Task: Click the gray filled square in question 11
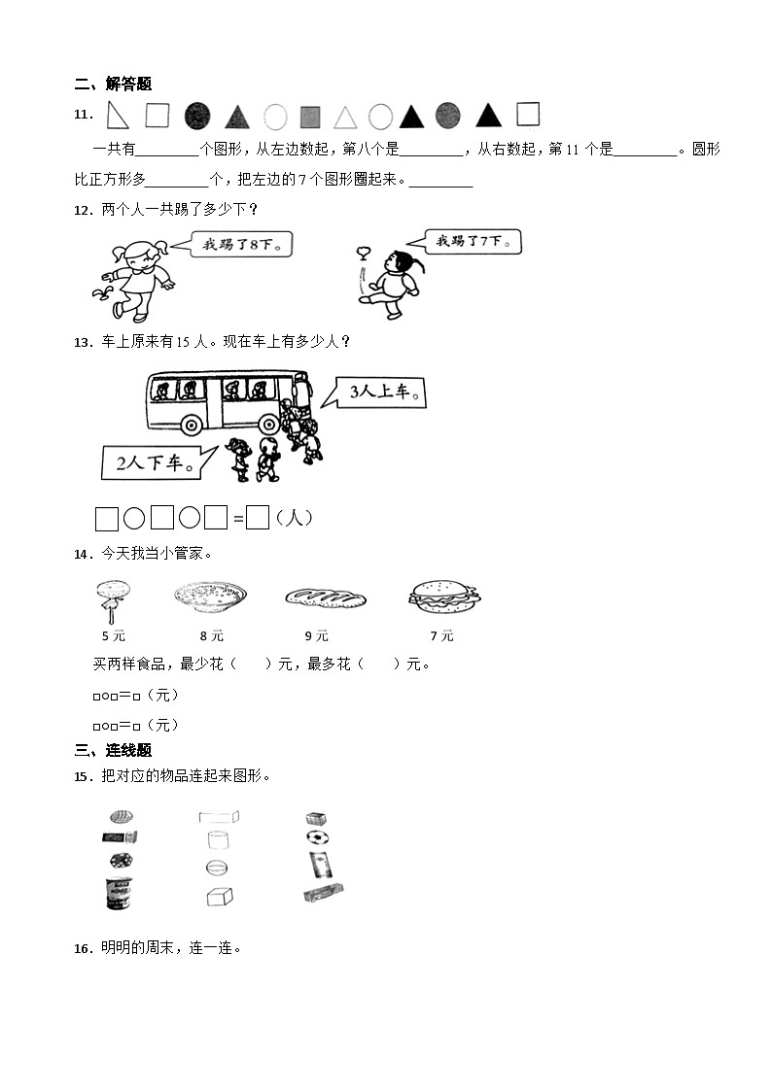tap(310, 118)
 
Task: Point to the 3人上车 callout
tap(384, 393)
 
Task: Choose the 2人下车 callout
tap(156, 462)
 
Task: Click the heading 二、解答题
tap(113, 85)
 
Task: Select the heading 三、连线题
tap(113, 750)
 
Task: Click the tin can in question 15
tap(119, 893)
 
